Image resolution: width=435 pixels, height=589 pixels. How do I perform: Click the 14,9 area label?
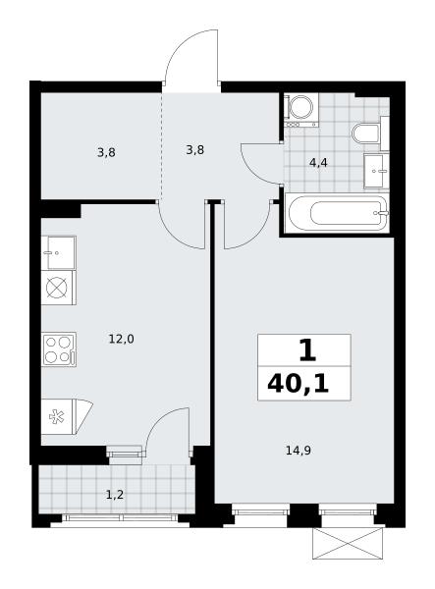[298, 450]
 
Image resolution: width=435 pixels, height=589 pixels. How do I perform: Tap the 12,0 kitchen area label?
[122, 340]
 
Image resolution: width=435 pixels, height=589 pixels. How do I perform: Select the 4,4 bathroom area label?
[318, 163]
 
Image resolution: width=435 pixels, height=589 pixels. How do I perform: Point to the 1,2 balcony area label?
[115, 495]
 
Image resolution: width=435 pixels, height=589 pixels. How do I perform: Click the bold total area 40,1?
[298, 384]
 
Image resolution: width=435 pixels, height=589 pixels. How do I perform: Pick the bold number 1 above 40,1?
[307, 350]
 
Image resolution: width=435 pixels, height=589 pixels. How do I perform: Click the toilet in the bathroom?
[370, 134]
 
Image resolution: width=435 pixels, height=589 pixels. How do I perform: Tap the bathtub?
[336, 213]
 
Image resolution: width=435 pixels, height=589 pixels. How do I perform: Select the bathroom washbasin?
[376, 171]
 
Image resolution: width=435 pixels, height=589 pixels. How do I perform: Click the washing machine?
[301, 110]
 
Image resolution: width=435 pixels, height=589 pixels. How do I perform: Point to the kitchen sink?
[59, 253]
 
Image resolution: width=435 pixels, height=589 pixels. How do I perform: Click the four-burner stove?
[59, 349]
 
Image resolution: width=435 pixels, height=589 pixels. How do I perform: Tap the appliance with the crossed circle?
[59, 288]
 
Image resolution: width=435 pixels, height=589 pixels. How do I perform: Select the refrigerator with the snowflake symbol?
[66, 416]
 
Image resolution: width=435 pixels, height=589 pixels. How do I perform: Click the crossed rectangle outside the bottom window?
[348, 543]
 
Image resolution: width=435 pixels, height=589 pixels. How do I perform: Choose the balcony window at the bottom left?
[120, 517]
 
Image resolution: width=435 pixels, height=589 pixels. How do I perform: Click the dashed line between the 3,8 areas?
[162, 144]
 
